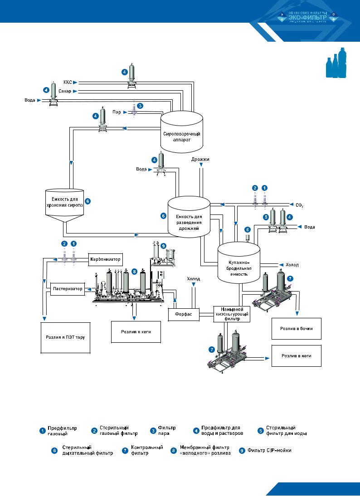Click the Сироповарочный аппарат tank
(x=181, y=134)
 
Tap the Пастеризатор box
(x=67, y=288)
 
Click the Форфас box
(x=184, y=314)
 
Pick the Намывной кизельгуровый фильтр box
(x=232, y=314)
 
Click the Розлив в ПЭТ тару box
(x=66, y=338)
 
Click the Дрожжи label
(x=200, y=160)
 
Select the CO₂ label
(x=299, y=205)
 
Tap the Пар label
(x=117, y=112)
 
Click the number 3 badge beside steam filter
(x=140, y=106)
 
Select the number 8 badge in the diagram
(x=134, y=272)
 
